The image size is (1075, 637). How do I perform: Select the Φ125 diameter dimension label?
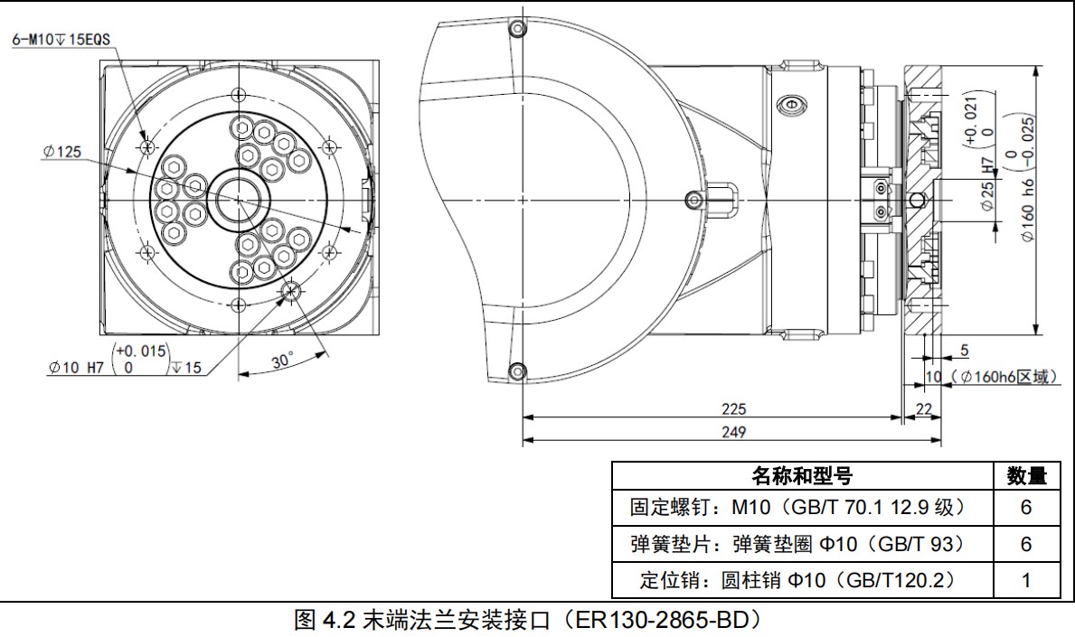click(61, 153)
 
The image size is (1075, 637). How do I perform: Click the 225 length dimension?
click(734, 408)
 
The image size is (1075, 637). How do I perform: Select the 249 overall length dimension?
click(734, 432)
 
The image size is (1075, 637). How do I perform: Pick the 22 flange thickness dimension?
click(923, 409)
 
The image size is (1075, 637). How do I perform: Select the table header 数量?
click(1025, 476)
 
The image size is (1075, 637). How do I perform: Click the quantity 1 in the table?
click(1025, 580)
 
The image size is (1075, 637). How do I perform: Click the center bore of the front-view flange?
click(240, 197)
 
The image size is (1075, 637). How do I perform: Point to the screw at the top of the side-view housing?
click(518, 29)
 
